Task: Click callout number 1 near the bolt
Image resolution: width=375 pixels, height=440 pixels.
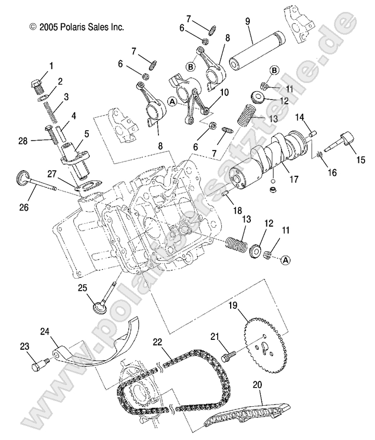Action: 51,65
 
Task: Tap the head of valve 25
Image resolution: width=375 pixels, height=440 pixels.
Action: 99,306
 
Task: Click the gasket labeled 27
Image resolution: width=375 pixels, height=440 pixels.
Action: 89,184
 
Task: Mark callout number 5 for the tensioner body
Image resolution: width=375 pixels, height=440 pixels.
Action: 86,133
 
